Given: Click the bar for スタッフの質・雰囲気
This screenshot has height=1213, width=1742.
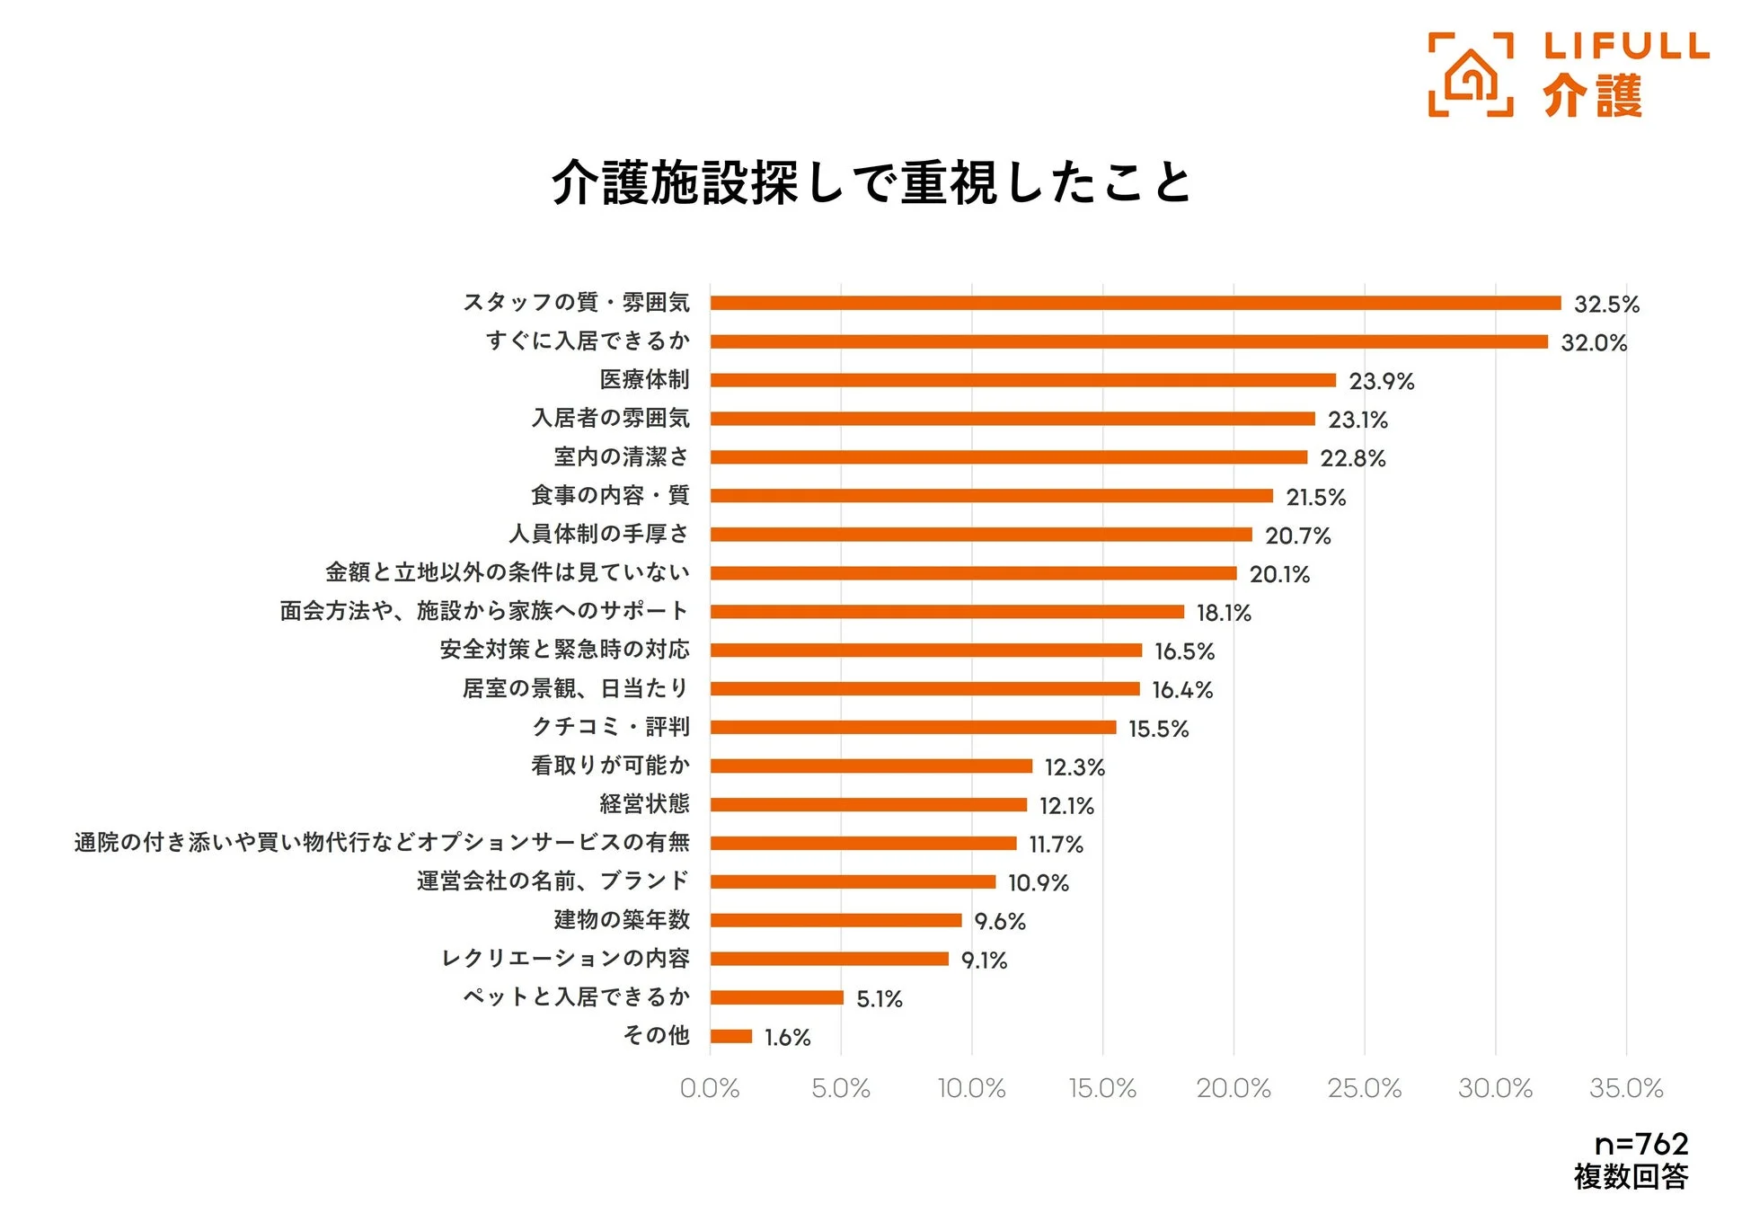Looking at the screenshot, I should pos(1135,303).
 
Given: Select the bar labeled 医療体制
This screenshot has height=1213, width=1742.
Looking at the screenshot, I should pos(1022,380).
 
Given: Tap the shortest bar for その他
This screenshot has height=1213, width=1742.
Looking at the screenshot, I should pos(730,1036).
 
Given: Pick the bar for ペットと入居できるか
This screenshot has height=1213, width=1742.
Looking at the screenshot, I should pos(776,997).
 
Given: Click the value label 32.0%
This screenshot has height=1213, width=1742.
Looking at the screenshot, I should pos(1593,342).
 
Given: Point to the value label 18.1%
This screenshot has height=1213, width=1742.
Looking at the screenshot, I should pos(1223,613).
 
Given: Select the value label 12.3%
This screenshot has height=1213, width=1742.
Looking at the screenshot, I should pos(1074,767).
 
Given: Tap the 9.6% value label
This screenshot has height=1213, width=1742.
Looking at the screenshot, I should pos(999,921).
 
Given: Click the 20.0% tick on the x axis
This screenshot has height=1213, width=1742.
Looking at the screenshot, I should pos(1233,1088).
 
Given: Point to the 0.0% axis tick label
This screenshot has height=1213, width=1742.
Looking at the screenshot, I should pos(709,1088).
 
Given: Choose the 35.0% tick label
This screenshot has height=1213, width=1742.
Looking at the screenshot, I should pos(1625,1088).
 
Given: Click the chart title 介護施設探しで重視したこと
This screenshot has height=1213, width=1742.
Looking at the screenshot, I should pos(871,182).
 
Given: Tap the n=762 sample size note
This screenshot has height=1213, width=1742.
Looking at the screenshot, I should pos(1640,1144).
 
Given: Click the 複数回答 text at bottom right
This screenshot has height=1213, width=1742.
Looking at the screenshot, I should pos(1631,1176).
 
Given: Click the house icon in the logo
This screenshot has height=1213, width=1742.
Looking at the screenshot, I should pos(1470,75).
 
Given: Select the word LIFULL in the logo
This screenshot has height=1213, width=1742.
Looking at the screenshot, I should pos(1626,46).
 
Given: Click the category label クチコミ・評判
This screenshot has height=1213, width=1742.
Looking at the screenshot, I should pos(611,726).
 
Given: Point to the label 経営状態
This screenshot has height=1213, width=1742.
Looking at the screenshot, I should pos(644,803).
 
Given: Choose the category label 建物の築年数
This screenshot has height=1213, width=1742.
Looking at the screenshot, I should pos(622,919).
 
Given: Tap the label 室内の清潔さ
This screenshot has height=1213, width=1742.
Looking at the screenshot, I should pos(622,456).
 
